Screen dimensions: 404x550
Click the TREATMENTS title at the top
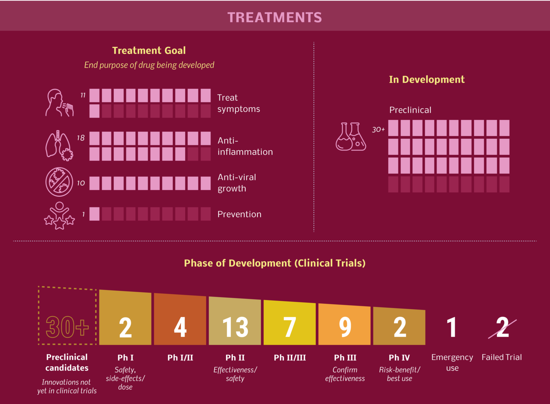[275, 18]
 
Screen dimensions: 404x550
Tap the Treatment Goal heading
[149, 50]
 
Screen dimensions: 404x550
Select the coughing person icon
[59, 103]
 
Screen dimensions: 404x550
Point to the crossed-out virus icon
[59, 182]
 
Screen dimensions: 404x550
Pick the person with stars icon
[59, 215]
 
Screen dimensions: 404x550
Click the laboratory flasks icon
[351, 137]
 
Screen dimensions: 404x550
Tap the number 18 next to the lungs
[81, 138]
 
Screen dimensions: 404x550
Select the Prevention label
[239, 214]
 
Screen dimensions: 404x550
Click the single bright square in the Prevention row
[95, 214]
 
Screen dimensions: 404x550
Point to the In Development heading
[426, 79]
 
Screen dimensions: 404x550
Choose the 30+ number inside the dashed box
[67, 327]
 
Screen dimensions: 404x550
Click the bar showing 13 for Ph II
[235, 322]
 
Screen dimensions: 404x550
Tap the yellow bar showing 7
[290, 324]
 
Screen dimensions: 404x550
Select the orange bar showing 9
[344, 326]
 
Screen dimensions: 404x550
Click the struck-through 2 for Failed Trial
[502, 327]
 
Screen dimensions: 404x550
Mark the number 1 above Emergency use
[452, 327]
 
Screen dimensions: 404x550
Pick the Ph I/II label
[180, 357]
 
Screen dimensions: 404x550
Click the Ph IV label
[399, 357]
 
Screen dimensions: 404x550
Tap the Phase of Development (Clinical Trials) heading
[275, 263]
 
